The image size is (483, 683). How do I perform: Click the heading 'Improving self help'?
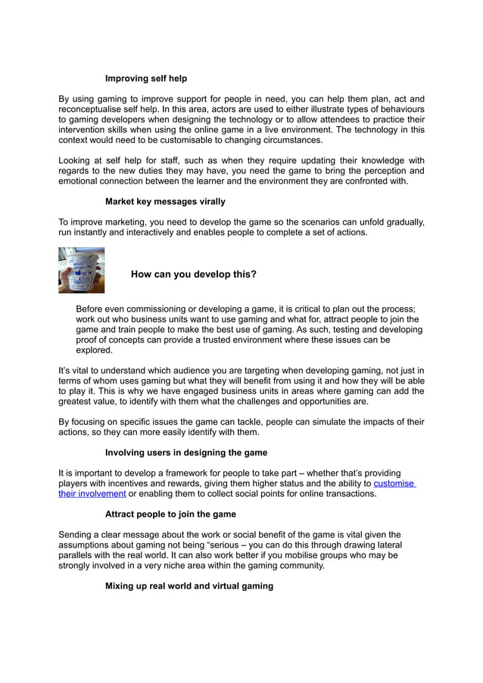145,79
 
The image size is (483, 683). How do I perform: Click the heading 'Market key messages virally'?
164,202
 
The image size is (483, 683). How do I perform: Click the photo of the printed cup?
81,270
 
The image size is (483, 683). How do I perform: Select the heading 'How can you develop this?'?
193,275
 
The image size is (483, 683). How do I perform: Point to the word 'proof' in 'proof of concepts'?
89,340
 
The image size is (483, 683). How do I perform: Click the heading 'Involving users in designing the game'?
185,452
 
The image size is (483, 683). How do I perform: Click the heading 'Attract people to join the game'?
170,514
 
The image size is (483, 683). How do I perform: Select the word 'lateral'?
388,545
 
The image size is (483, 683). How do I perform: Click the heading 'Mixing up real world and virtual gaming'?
189,585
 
